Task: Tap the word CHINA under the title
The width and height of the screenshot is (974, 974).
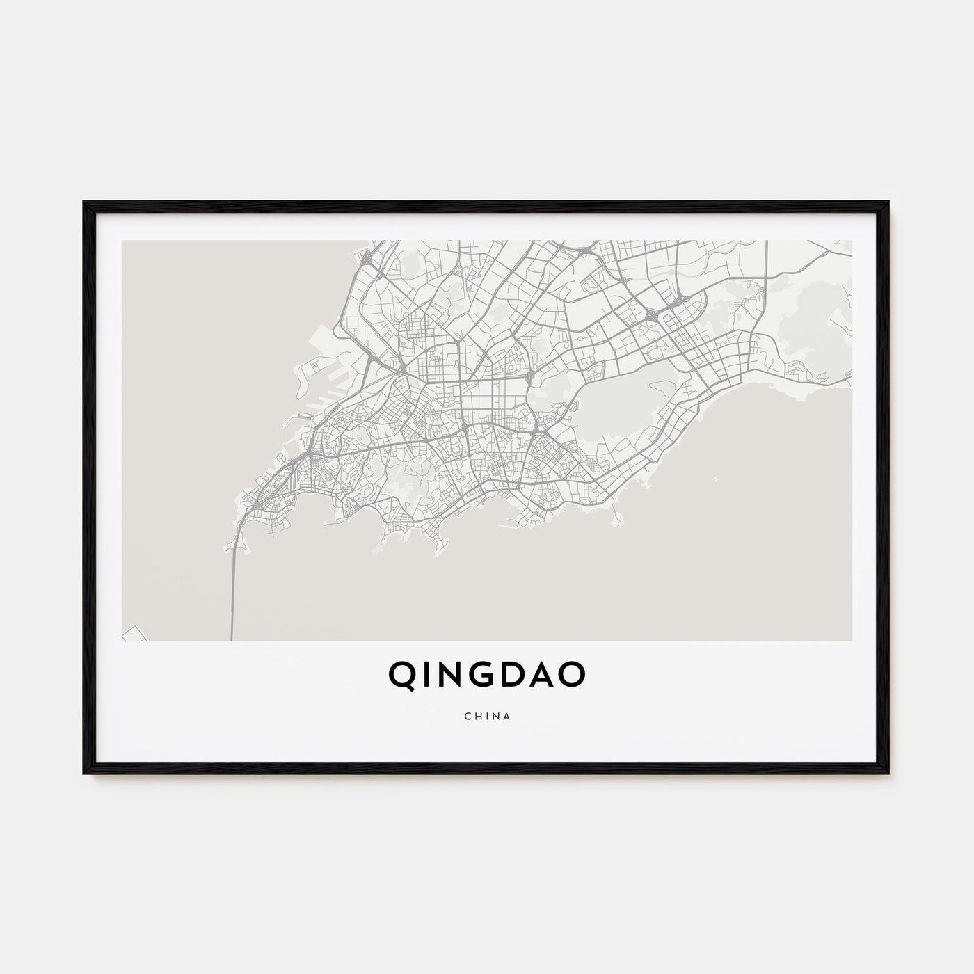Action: [x=486, y=716]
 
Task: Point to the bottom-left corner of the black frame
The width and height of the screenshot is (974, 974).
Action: [x=86, y=773]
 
